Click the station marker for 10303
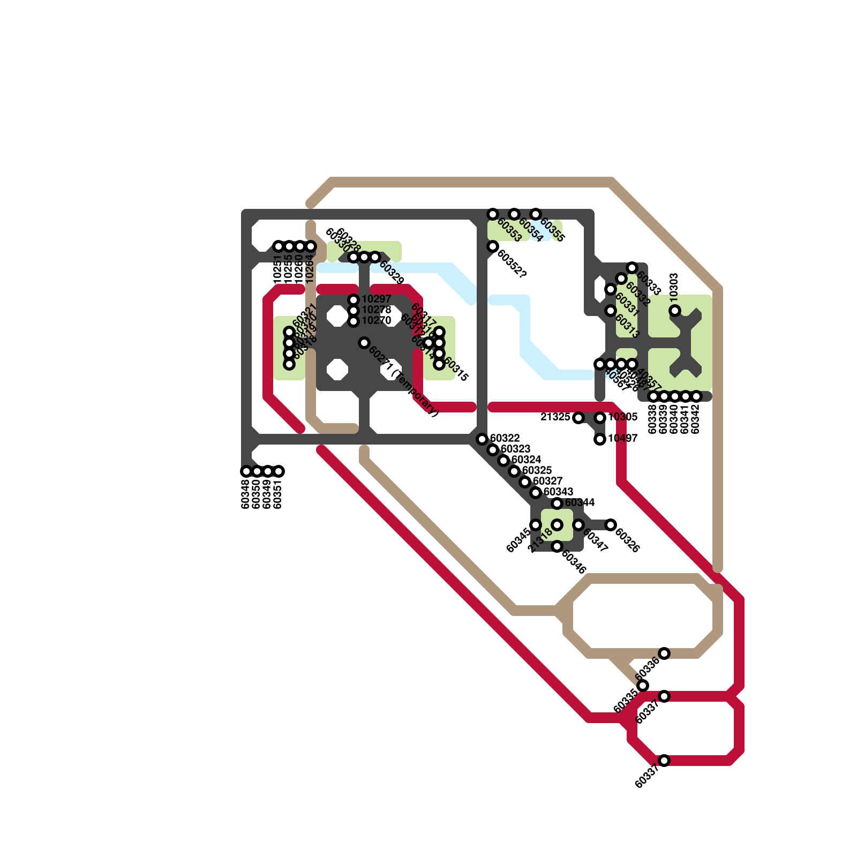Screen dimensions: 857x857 click(x=675, y=311)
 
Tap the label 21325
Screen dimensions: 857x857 click(x=555, y=417)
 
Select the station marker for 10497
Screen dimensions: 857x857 click(x=600, y=439)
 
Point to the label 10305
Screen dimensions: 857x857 click(x=623, y=417)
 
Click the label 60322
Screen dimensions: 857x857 click(x=505, y=439)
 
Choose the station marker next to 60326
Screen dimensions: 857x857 click(x=611, y=525)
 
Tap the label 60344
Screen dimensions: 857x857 click(x=580, y=503)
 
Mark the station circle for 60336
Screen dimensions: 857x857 click(x=664, y=653)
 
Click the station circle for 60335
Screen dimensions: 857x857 click(x=643, y=686)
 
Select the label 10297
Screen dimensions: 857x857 click(x=377, y=299)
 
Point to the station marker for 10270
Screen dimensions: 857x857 click(x=354, y=321)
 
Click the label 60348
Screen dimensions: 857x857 click(x=246, y=494)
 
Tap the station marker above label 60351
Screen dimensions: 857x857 click(x=279, y=471)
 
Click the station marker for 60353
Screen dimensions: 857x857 click(x=493, y=214)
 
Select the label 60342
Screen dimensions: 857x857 click(x=696, y=419)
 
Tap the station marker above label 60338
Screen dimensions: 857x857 click(x=653, y=396)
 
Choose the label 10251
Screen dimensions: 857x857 click(x=277, y=269)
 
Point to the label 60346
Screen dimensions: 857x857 click(x=574, y=561)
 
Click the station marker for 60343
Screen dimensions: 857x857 click(x=536, y=493)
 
